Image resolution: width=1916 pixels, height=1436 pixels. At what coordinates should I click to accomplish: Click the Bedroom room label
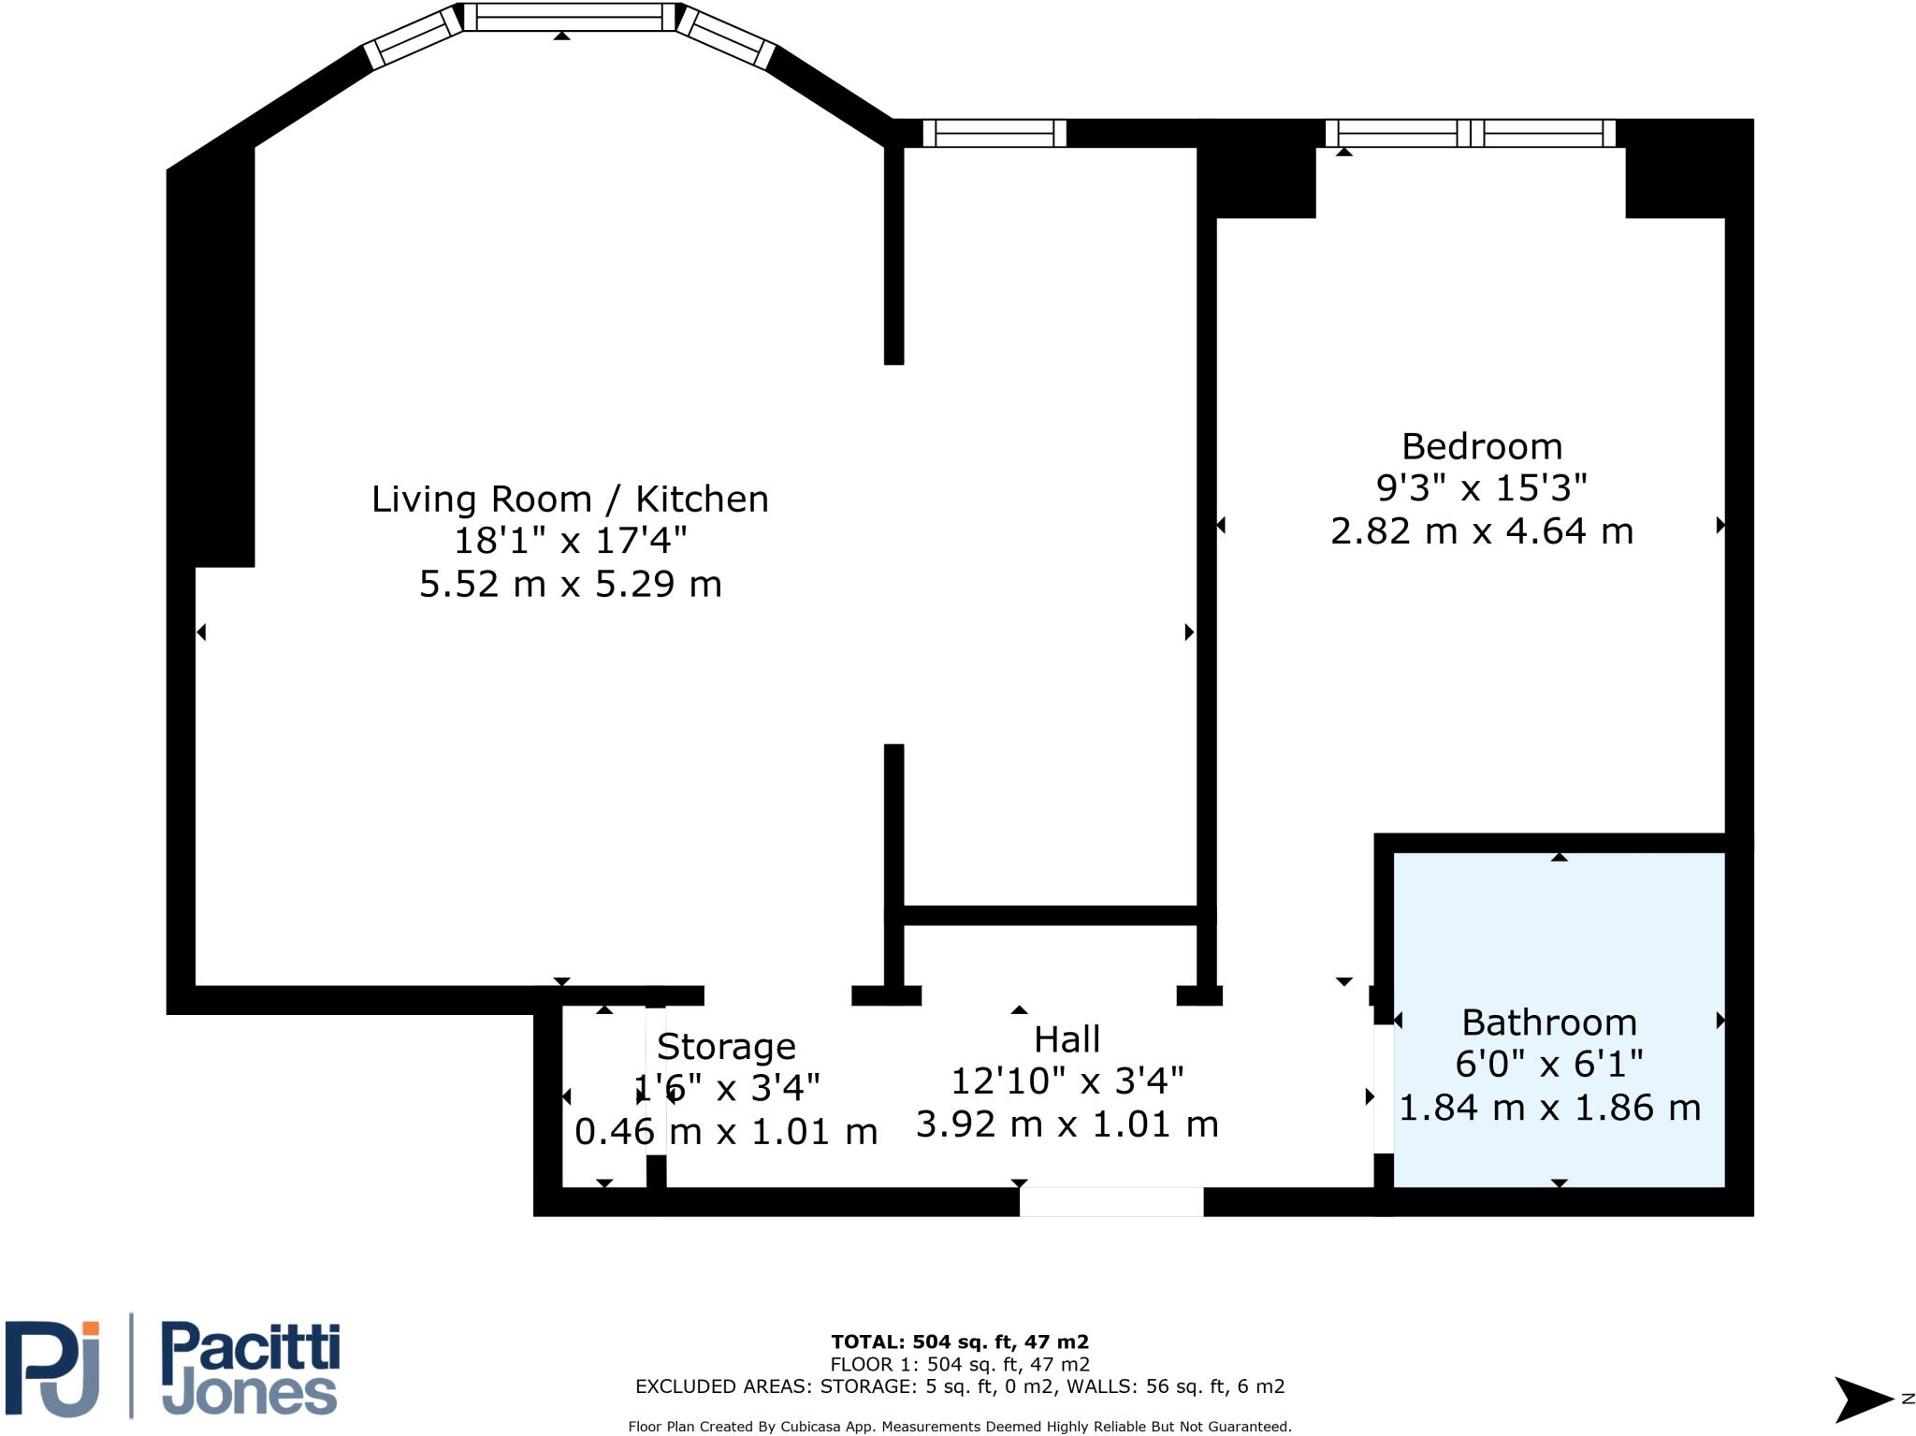point(1482,446)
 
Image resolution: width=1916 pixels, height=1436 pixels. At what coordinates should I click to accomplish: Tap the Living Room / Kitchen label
point(570,499)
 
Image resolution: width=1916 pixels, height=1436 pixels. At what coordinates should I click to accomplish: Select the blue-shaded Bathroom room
point(1558,936)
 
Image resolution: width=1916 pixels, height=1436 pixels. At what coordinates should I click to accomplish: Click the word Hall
point(1067,1039)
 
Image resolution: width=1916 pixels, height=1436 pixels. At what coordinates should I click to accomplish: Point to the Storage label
point(726,1046)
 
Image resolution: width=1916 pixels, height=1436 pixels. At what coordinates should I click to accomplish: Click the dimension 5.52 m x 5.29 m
point(570,584)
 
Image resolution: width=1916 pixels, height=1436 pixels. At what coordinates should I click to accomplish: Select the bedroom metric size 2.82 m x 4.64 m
point(1482,531)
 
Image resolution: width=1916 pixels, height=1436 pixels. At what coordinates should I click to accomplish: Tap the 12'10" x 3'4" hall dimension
point(1067,1081)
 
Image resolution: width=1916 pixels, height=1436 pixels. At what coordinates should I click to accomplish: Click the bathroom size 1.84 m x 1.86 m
point(1549,1108)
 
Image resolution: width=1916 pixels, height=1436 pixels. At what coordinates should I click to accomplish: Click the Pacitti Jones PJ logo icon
point(54,1368)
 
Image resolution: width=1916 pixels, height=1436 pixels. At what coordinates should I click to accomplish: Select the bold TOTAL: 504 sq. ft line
point(959,1342)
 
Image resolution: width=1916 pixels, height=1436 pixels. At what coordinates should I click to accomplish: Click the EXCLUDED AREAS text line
point(959,1386)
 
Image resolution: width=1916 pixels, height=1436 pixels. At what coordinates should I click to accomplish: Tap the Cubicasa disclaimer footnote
point(959,1427)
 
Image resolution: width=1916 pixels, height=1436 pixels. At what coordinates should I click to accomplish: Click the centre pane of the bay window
point(569,17)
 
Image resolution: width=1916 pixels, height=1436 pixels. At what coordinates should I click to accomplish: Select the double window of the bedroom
point(1470,133)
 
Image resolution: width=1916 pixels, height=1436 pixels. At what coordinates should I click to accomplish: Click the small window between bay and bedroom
point(994,133)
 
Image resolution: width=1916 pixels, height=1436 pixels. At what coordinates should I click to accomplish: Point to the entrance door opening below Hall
point(1110,1201)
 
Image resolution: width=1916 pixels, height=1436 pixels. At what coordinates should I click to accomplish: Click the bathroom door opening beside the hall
point(1383,1089)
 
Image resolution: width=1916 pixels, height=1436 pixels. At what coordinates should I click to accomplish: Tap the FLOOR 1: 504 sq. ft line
point(959,1364)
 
